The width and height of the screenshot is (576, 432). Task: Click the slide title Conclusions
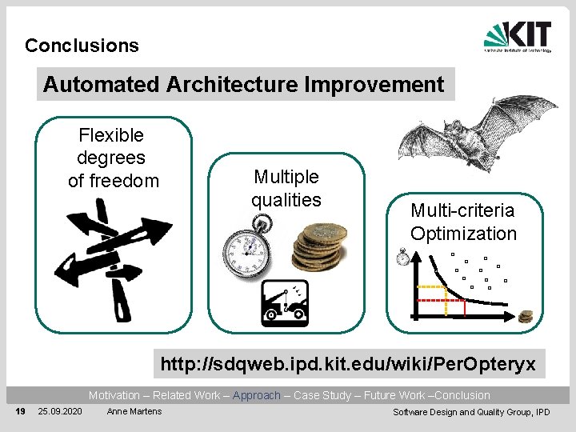click(x=82, y=46)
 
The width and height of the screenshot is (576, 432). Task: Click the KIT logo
click(x=518, y=37)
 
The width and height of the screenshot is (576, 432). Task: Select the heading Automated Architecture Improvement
click(x=244, y=84)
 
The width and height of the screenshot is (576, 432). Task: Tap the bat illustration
click(x=478, y=132)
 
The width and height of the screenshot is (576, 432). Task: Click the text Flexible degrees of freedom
click(x=113, y=158)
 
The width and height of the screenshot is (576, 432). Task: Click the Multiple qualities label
click(x=286, y=188)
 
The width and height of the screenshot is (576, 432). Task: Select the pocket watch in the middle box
click(x=250, y=247)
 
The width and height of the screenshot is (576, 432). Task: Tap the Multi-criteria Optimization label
click(x=463, y=222)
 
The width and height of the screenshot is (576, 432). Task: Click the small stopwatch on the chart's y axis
click(x=403, y=257)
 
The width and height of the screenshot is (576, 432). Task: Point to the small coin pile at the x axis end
click(x=525, y=317)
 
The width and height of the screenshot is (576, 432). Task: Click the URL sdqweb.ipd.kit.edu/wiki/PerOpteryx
click(x=348, y=365)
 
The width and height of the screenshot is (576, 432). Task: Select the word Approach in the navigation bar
click(x=256, y=395)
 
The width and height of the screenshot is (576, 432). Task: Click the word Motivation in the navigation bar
click(x=114, y=395)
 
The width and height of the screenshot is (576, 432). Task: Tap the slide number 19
click(x=21, y=411)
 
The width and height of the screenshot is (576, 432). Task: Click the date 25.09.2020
click(x=59, y=411)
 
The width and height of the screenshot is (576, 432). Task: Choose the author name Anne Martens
click(x=134, y=411)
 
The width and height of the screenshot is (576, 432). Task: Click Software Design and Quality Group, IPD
click(x=470, y=412)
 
